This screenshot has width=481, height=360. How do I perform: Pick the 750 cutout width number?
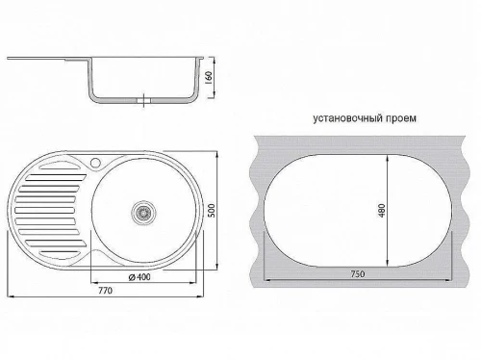click(360, 274)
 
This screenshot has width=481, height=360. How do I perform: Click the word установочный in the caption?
click(349, 119)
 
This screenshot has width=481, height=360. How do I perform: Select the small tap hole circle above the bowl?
click(95, 160)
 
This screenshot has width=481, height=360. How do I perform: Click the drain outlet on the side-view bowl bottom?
click(145, 99)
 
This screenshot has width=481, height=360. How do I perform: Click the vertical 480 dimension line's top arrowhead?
click(387, 157)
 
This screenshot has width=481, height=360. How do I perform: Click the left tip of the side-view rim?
click(9, 59)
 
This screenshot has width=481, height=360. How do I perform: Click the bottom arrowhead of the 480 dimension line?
click(387, 266)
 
